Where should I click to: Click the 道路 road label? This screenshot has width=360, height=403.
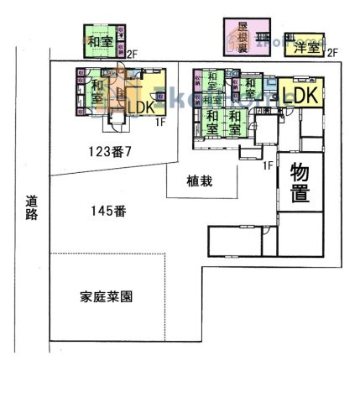(32, 207)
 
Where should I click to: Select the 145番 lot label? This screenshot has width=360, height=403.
(108, 211)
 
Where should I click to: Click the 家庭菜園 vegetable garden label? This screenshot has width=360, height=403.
(108, 297)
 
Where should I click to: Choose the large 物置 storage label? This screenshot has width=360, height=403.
(300, 184)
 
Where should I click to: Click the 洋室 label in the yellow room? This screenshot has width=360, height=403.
(306, 48)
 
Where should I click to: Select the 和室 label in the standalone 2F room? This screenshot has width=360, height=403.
(101, 39)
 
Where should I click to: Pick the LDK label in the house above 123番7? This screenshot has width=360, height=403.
(140, 107)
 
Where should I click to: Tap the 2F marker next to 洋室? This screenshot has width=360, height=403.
(332, 53)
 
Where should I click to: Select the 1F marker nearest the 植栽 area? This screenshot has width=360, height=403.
(267, 165)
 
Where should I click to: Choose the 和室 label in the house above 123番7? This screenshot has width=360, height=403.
(97, 91)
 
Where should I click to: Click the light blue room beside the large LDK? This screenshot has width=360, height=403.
(272, 85)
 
